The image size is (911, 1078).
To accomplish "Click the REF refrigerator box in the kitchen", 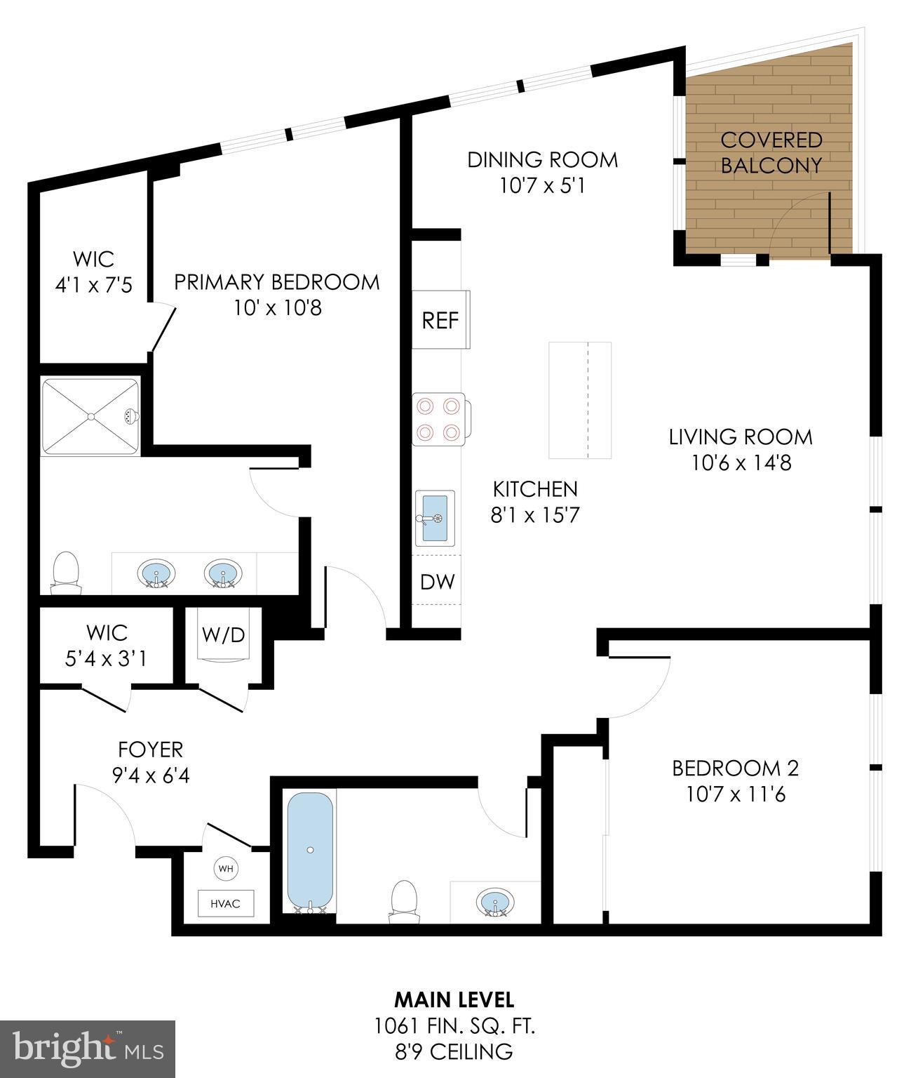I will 440,320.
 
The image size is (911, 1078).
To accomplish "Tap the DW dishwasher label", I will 438,581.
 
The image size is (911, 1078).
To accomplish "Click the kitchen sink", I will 435,518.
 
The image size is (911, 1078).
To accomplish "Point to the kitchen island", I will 579,400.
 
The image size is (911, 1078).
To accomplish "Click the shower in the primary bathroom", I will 90,417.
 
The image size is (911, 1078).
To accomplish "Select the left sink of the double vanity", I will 154,573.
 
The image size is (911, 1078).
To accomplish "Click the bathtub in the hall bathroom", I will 309,851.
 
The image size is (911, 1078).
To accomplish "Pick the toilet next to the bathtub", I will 404,900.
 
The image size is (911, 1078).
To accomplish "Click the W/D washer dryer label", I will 223,634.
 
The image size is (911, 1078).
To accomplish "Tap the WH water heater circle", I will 225,868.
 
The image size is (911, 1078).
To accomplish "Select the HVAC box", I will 225,903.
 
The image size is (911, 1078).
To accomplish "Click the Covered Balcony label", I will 771,152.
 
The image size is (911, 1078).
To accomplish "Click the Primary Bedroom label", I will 276,282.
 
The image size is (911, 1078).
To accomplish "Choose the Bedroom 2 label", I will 735,768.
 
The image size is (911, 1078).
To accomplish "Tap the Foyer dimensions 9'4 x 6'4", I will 151,776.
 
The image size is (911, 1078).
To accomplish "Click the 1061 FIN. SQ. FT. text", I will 454,1026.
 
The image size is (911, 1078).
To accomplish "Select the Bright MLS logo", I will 88,1049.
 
